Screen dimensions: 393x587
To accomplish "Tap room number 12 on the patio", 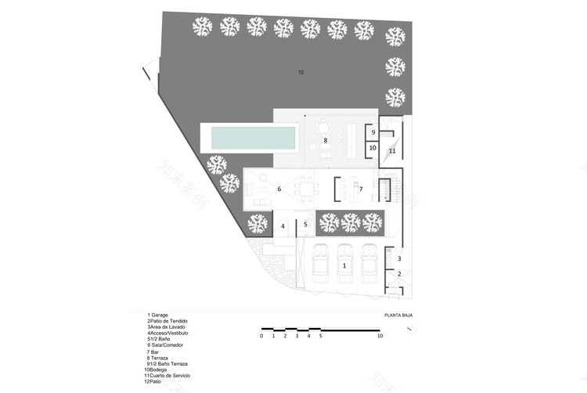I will (301, 72).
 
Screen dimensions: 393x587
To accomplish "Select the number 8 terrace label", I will (325, 141).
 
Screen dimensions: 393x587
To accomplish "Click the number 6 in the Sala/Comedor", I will (279, 189).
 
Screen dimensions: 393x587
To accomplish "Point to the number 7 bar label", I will (361, 189).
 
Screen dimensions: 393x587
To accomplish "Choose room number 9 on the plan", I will (373, 132).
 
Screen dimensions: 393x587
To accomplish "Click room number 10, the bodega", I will (373, 147).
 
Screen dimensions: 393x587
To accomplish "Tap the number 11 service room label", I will (393, 150).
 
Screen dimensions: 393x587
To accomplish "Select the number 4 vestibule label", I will (283, 226).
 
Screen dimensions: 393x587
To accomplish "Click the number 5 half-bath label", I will (306, 225).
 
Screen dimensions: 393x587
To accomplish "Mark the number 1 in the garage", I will (344, 266).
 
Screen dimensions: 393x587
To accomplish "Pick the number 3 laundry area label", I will (399, 258).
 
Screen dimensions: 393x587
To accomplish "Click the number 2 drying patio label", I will (399, 273).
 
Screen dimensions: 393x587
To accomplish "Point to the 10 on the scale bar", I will (380, 336).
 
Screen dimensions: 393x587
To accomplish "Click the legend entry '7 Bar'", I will (153, 352).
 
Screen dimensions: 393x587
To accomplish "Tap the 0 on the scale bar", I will (261, 336).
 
